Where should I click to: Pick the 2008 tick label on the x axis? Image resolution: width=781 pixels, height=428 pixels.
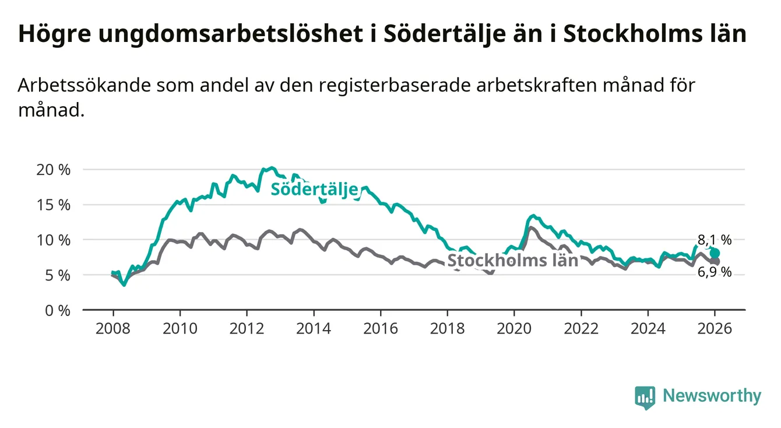(x=112, y=328)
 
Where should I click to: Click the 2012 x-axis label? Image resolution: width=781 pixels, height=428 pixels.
(x=247, y=328)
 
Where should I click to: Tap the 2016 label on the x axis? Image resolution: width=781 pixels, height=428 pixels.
(x=380, y=328)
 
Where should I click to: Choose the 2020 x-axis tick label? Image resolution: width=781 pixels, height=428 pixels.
(x=514, y=328)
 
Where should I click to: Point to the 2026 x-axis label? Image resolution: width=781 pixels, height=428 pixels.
(x=715, y=328)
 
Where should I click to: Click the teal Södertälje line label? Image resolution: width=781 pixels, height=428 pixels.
(x=314, y=190)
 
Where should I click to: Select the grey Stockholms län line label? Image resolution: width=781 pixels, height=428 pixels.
(x=512, y=261)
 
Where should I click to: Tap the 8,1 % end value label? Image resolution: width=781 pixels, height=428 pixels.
(x=715, y=239)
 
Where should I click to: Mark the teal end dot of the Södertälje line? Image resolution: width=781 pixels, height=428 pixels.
(x=715, y=253)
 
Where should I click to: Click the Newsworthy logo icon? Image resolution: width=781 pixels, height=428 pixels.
(x=645, y=397)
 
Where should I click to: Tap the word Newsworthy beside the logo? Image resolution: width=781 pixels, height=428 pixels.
(x=712, y=397)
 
